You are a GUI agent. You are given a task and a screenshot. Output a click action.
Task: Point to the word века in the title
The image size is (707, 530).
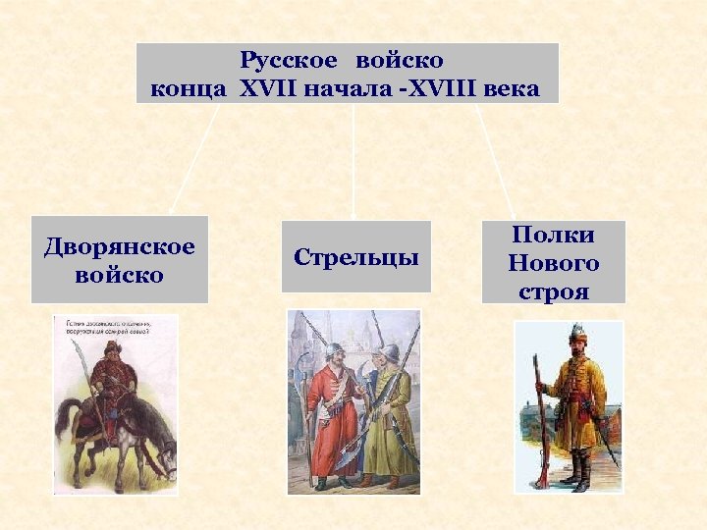pyautogui.click(x=513, y=89)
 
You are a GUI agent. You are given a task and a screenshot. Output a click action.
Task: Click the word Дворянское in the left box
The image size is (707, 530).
pyautogui.click(x=120, y=246)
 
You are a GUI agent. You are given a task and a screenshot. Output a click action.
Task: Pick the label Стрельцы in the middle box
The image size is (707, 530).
pyautogui.click(x=355, y=257)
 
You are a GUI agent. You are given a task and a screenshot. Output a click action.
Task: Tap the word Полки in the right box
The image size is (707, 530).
pyautogui.click(x=553, y=236)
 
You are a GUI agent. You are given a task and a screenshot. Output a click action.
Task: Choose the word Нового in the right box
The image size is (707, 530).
pyautogui.click(x=553, y=263)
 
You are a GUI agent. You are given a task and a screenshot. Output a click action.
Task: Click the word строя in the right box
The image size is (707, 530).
pyautogui.click(x=553, y=291)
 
